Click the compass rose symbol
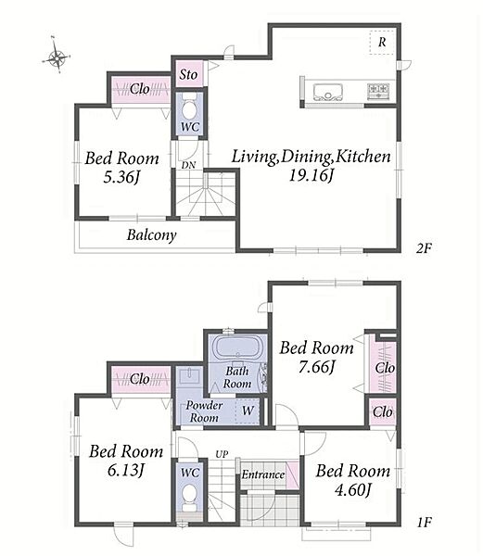coord(57,57)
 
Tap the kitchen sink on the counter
coord(327,92)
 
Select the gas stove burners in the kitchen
coord(378,91)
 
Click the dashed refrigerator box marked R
coord(382,43)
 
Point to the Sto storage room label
coord(188,74)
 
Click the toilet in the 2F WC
coord(189,107)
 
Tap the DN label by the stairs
coord(188,165)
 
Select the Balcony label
coord(151,235)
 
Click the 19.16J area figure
coord(311,175)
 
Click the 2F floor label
coord(424,248)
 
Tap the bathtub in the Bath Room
coord(237,347)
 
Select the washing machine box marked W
coord(248,411)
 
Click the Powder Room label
coord(204,411)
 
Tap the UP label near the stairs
coord(222,454)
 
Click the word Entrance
coord(263,474)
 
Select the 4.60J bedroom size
coord(353,490)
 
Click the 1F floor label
coord(424,522)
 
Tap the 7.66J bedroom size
coord(316,367)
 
